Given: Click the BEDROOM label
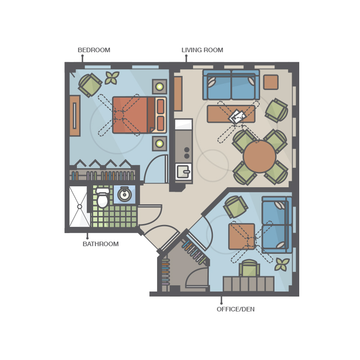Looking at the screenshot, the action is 94,50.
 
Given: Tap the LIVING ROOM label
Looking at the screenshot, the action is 202,50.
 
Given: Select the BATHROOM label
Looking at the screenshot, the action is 100,244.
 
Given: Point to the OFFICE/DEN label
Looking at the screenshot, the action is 235,309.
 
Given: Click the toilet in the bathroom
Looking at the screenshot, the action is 103,198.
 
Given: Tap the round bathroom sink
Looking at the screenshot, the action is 125,194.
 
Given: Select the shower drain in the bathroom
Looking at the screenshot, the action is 80,207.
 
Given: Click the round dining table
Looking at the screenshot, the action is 260,156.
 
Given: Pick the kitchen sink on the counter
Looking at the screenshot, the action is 184,171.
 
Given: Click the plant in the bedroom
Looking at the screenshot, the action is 112,77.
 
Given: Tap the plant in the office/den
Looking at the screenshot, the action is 282,264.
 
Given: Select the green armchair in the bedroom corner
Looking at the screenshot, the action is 90,85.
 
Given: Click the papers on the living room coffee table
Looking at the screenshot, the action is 238,117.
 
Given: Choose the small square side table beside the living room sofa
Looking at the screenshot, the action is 271,82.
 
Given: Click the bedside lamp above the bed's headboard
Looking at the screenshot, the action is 160,86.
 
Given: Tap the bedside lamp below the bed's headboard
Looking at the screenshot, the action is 160,144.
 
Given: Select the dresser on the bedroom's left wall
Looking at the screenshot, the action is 75,116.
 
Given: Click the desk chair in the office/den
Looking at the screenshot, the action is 249,268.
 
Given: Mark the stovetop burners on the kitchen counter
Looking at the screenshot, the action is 187,153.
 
